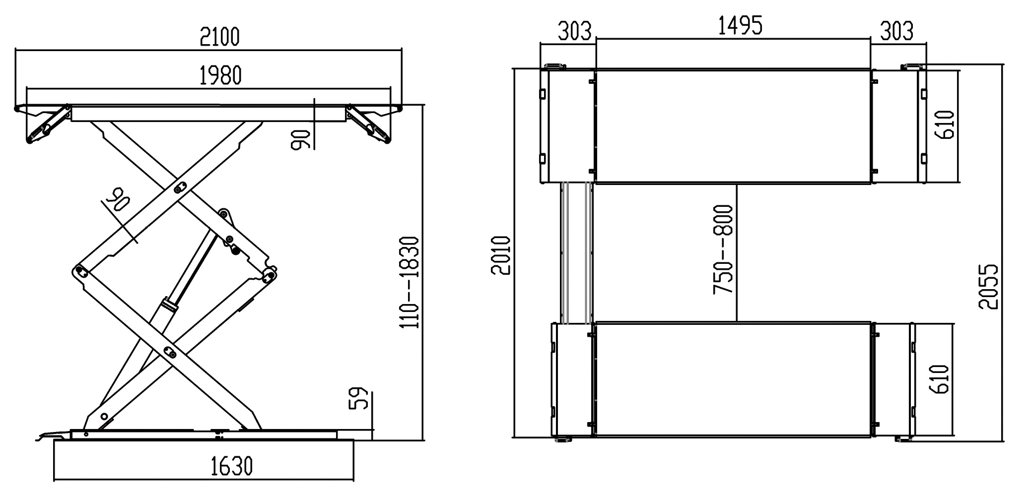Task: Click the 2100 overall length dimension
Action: (219, 37)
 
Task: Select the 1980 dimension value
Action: (220, 75)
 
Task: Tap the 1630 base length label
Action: (232, 466)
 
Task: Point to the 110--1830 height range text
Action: (410, 282)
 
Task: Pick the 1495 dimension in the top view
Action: (741, 25)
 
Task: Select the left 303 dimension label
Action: (575, 31)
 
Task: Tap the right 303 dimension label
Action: (896, 31)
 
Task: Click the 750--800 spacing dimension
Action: (723, 249)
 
